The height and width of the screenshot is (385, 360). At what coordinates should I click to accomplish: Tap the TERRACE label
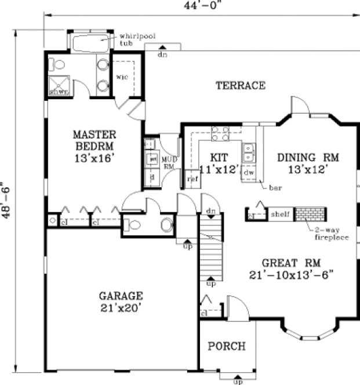coord(241,86)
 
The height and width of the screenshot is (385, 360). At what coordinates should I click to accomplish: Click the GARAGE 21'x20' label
coord(121,301)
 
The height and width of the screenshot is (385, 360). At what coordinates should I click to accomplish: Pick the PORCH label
coord(227,346)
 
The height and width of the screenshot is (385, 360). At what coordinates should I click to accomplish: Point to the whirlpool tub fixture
coord(91,42)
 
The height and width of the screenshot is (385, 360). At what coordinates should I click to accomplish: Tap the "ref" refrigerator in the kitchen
coord(192,179)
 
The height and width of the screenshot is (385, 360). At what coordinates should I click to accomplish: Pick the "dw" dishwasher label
coord(249,172)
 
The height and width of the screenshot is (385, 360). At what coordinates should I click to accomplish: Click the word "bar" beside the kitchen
coord(275,187)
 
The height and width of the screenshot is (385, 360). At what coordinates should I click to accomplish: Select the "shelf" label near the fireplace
coord(280,215)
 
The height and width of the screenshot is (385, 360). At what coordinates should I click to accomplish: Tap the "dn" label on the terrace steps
coord(163,55)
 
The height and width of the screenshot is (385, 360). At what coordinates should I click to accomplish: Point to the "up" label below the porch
coord(237,382)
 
